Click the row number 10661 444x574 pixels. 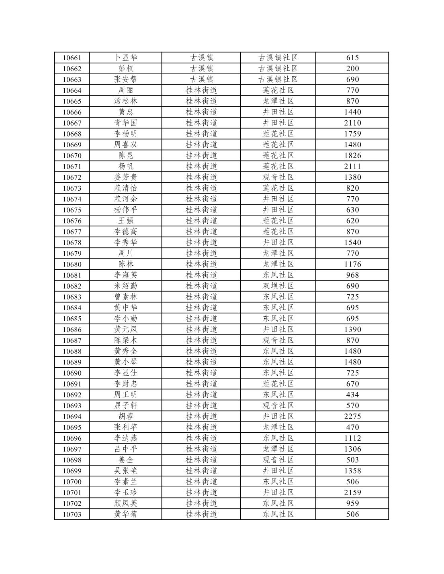coord(72,58)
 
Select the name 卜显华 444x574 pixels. coord(126,58)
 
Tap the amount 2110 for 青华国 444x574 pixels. coord(352,123)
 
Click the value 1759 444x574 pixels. coord(352,134)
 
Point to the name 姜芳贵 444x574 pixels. coord(126,177)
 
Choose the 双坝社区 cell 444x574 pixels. coord(278,286)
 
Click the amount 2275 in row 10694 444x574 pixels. coord(352,416)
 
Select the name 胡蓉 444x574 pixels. coord(126,416)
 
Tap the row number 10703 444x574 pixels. coord(72,514)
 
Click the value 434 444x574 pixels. coord(352,395)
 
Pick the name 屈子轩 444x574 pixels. coord(126,405)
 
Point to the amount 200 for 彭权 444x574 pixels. coord(352,69)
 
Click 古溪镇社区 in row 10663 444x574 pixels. coord(278,79)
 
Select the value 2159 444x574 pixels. coord(352,493)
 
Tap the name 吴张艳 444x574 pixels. coord(126,471)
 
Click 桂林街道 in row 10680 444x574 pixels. coord(201,264)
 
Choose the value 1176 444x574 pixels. coord(352,264)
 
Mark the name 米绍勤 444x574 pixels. coord(126,286)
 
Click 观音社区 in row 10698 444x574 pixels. coord(278,460)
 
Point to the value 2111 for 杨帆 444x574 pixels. coord(352,166)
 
